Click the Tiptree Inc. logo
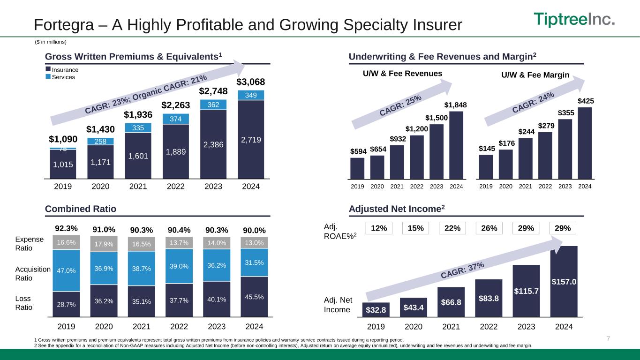pyautogui.click(x=574, y=20)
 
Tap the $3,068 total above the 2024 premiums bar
pyautogui.click(x=250, y=82)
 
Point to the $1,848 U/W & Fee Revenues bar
pyautogui.click(x=456, y=145)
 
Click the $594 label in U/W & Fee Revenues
pyautogui.click(x=357, y=151)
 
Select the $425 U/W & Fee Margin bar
pyautogui.click(x=585, y=143)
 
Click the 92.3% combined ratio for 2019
pyautogui.click(x=66, y=229)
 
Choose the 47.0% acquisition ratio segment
pyautogui.click(x=66, y=270)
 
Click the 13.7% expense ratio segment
pyautogui.click(x=179, y=243)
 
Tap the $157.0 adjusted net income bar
pyautogui.click(x=564, y=281)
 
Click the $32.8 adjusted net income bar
pyautogui.click(x=376, y=310)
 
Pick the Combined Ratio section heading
pyautogui.click(x=81, y=209)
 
